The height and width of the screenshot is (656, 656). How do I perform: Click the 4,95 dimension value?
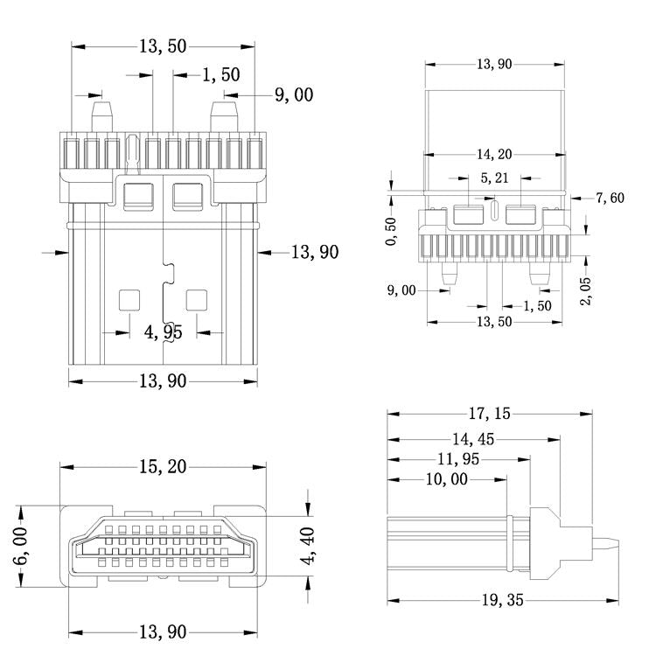pyautogui.click(x=164, y=332)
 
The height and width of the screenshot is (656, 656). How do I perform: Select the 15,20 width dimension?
pyautogui.click(x=162, y=467)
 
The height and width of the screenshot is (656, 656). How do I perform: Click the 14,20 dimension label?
pyautogui.click(x=494, y=155)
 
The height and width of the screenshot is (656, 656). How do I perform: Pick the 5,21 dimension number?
pyautogui.click(x=494, y=178)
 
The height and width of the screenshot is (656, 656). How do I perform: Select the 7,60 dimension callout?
pyautogui.click(x=610, y=198)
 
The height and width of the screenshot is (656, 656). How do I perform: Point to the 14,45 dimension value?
pyautogui.click(x=473, y=438)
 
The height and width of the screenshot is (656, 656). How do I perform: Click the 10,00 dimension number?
pyautogui.click(x=447, y=479)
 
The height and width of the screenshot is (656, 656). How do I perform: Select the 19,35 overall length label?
pyautogui.click(x=502, y=600)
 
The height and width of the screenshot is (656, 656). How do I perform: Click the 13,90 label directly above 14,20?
pyautogui.click(x=494, y=64)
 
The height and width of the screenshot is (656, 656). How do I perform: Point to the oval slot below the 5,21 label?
pyautogui.click(x=494, y=211)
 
